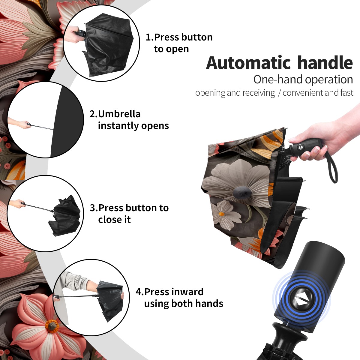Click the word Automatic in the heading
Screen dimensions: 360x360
(x=248, y=63)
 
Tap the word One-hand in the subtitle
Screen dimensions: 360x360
(x=278, y=79)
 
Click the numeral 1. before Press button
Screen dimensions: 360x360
(x=149, y=37)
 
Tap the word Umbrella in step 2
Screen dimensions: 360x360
(x=119, y=114)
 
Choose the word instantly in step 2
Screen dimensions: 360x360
(x=118, y=126)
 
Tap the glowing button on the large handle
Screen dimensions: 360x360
(x=301, y=301)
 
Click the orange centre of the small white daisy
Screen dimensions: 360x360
(x=221, y=214)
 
